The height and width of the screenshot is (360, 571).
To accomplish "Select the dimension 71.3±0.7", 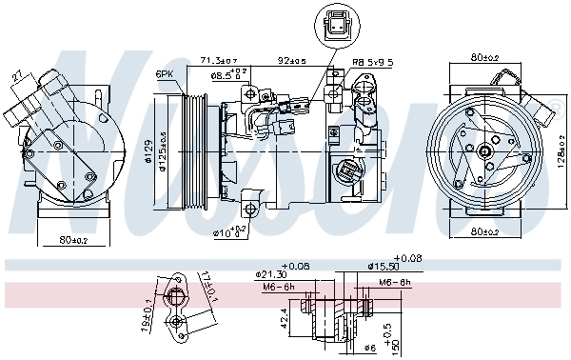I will (x=218, y=61).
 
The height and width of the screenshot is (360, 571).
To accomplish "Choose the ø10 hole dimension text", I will (x=228, y=231).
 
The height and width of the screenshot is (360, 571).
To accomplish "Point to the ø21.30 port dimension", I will (x=276, y=274).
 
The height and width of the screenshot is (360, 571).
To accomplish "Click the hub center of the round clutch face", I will (x=485, y=150).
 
